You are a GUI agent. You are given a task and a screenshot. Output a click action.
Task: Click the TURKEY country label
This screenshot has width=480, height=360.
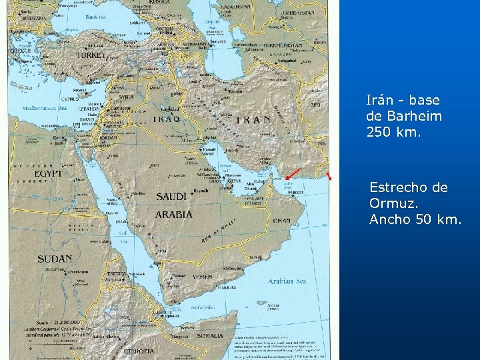coord(91,56)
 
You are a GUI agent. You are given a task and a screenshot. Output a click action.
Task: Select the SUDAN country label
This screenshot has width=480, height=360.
coord(55,259)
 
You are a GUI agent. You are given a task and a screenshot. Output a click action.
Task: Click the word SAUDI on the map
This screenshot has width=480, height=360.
coord(171,197)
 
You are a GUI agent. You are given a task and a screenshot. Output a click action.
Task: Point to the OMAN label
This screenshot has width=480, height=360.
coord(281,221)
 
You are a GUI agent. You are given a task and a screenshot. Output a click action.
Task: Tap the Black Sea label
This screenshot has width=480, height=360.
coord(101,17)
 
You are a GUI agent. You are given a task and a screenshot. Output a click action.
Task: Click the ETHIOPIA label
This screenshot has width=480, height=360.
coord(138,351)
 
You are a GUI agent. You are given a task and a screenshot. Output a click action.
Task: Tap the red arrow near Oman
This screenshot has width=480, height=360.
coord(292,174)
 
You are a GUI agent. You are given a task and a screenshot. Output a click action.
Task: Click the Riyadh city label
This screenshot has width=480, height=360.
coord(201,190)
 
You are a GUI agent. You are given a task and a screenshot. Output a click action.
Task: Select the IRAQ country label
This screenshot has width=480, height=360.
coord(167,119)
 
